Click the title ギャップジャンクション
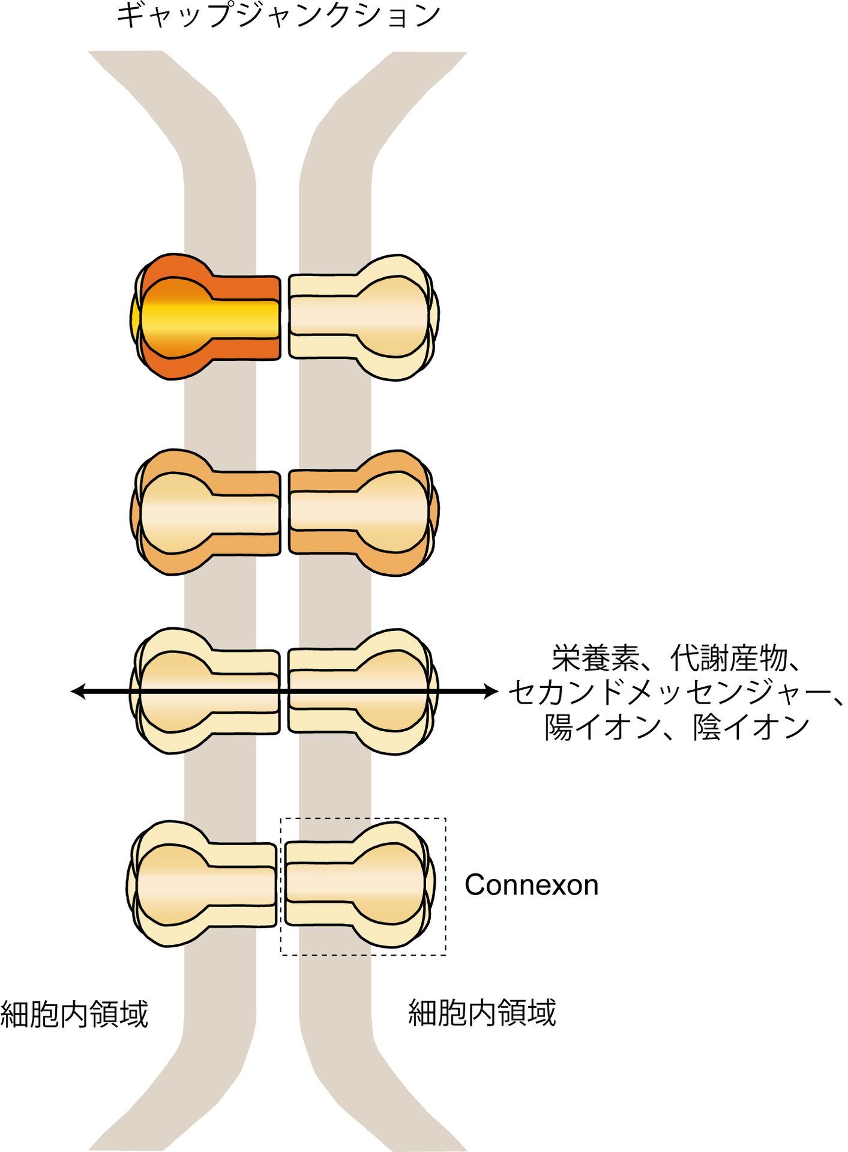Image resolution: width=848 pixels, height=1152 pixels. (278, 16)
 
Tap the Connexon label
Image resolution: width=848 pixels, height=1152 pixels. (531, 885)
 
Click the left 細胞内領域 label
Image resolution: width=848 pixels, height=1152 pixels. (74, 1014)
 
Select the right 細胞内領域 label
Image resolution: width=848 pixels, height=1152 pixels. (482, 1013)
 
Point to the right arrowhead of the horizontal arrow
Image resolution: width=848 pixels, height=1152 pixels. (493, 692)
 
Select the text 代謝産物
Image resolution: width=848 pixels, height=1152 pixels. (729, 659)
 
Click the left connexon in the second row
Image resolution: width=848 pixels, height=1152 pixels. (205, 511)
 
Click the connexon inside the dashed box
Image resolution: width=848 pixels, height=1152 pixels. (360, 885)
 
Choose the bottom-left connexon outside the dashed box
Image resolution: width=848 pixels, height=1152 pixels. (201, 885)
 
